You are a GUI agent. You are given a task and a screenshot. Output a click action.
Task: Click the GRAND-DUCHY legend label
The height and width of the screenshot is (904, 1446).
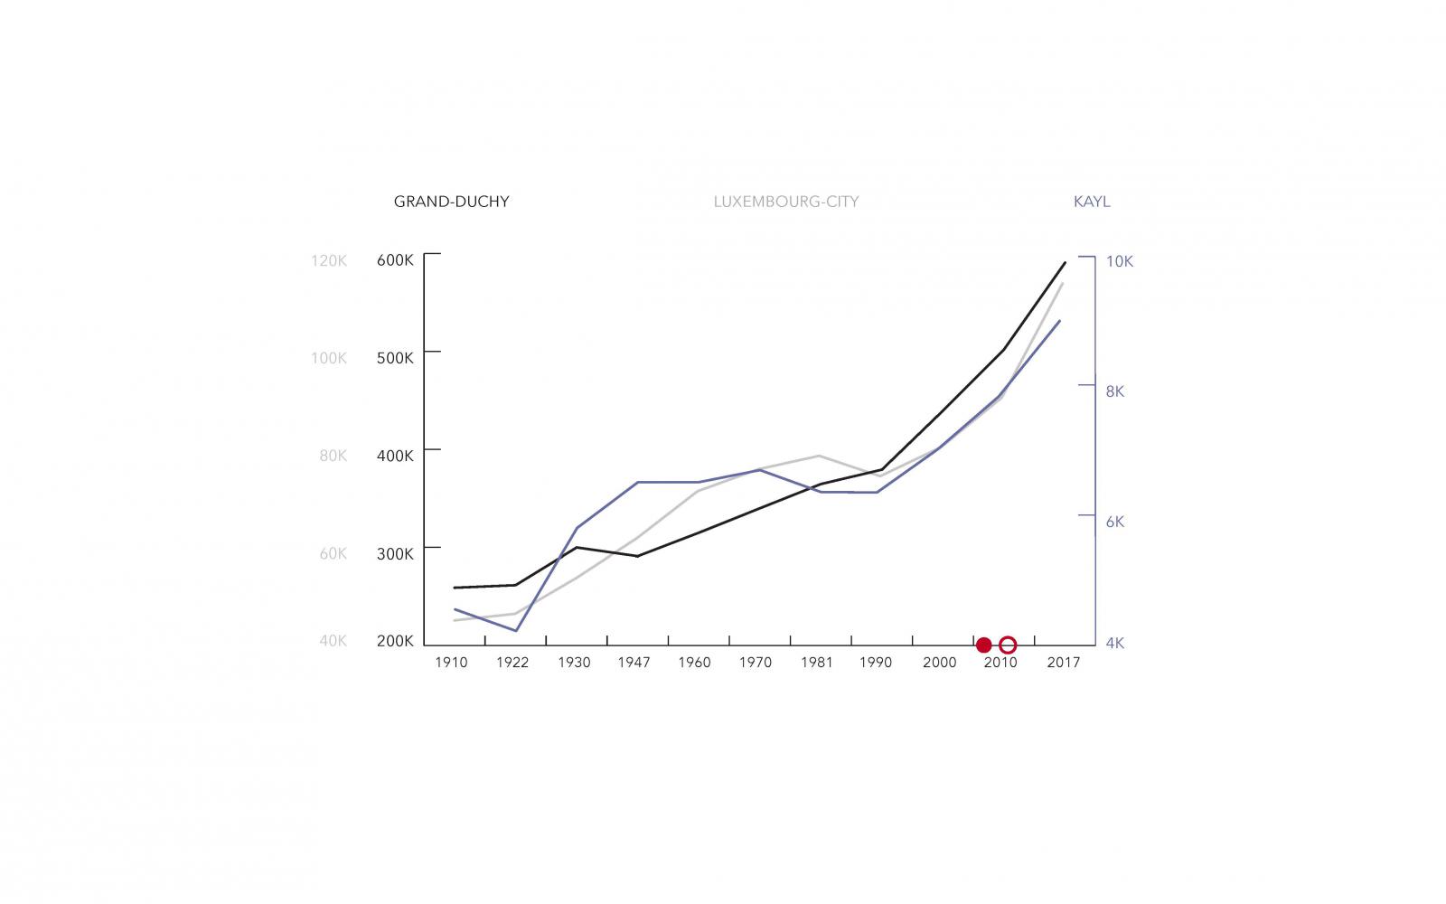[451, 202]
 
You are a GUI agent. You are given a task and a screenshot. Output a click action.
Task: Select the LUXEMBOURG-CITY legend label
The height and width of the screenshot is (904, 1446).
[785, 202]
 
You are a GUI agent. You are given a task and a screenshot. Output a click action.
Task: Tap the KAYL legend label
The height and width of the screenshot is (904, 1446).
[1092, 202]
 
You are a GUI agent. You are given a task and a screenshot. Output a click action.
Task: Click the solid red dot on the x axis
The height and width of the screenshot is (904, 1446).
[984, 645]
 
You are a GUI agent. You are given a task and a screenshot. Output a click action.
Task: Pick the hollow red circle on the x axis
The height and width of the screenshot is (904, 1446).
[1009, 645]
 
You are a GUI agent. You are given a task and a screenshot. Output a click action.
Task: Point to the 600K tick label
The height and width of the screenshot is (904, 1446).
[395, 260]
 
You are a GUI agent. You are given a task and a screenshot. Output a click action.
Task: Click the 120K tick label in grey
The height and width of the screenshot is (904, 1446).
[329, 260]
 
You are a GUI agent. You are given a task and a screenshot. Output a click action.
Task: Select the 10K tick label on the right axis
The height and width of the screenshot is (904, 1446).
[1120, 261]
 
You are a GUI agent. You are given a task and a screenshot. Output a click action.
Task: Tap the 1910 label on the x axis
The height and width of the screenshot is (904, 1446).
[451, 663]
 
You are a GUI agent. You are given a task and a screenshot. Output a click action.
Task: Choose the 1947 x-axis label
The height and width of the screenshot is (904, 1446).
[634, 663]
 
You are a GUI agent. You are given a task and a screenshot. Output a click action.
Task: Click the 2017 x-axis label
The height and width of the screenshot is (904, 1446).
[1064, 663]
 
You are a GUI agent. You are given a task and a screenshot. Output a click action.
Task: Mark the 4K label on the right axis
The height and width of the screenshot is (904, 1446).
[1114, 644]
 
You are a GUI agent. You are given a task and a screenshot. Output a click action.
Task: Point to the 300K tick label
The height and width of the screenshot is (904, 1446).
[395, 553]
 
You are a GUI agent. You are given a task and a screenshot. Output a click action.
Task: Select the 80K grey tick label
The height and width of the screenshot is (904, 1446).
[333, 456]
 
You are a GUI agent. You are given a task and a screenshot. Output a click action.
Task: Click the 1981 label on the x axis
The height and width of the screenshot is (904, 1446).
[817, 663]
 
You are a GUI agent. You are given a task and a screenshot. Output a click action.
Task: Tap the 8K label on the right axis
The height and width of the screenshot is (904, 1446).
[1114, 391]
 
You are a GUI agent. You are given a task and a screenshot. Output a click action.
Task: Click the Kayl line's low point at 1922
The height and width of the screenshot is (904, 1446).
[515, 630]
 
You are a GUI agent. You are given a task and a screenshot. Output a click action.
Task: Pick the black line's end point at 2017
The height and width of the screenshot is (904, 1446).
[1065, 263]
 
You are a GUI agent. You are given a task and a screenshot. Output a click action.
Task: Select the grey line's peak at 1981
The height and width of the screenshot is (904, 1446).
[819, 456]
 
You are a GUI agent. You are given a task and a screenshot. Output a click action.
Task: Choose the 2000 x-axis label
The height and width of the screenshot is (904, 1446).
[939, 663]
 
